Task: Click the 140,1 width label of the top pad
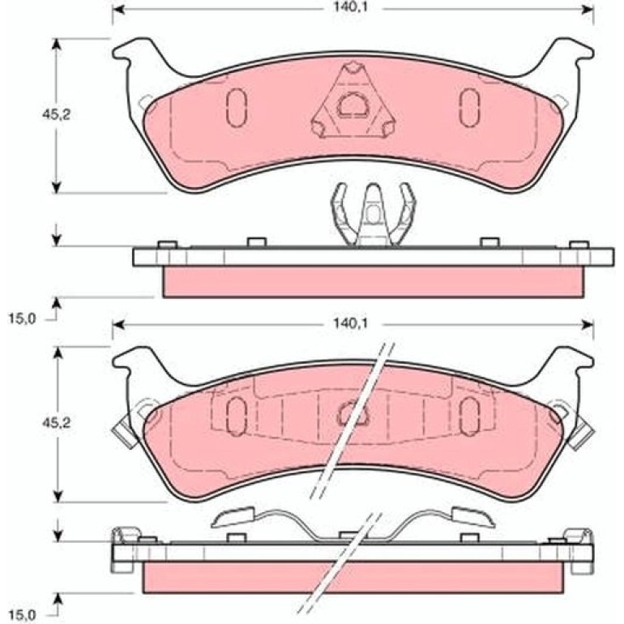[350, 8]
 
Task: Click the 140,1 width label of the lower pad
[350, 323]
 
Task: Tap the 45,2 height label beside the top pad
[57, 114]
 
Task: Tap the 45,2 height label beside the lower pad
[57, 423]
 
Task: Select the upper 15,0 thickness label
[23, 318]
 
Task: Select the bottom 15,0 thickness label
[23, 615]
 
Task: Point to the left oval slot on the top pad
[237, 108]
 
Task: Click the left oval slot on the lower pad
[237, 417]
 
